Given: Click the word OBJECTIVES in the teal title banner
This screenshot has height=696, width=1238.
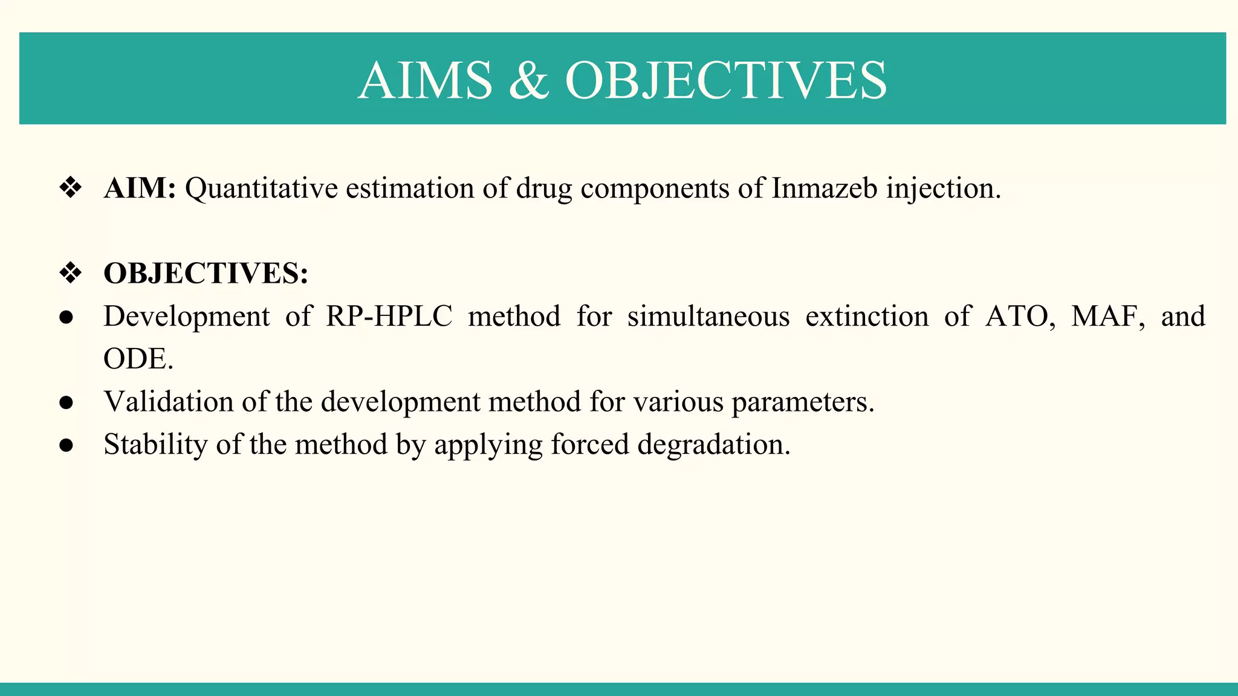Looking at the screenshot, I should (x=726, y=81).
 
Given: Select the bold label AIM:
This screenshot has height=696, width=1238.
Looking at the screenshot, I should (x=140, y=188).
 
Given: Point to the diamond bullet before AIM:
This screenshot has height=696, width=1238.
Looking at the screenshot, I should (x=71, y=188).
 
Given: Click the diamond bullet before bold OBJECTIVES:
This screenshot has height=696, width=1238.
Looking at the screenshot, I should (x=71, y=274).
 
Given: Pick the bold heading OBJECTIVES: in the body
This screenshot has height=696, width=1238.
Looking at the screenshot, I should (x=206, y=274).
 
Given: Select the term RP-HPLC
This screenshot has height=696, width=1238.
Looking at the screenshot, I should (x=389, y=317).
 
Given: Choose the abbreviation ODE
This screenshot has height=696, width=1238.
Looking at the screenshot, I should (x=138, y=359).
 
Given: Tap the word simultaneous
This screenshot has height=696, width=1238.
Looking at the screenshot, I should (x=708, y=317).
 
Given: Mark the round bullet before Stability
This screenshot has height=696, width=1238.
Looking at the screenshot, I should (x=66, y=445).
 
